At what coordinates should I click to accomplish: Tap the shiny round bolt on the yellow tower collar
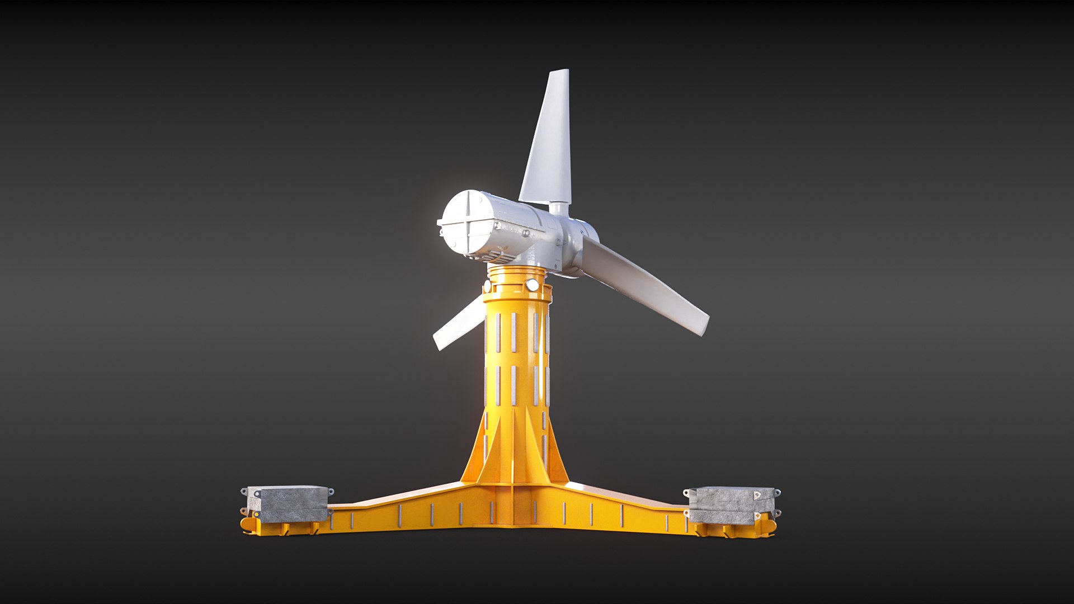click(532, 285)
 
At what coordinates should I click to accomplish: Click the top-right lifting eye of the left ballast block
click(330, 492)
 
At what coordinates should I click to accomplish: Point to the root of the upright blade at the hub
click(558, 209)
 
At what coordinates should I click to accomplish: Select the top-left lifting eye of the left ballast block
click(244, 491)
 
